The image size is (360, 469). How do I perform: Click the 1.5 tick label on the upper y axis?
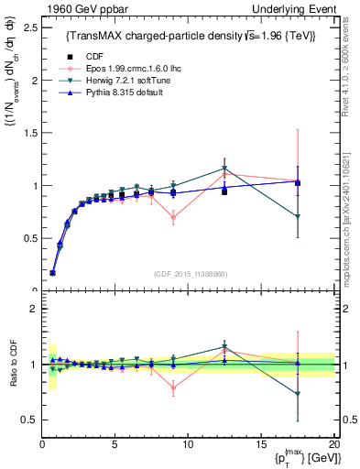[x=28, y=133]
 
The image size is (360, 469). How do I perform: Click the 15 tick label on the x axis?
[x=260, y=444]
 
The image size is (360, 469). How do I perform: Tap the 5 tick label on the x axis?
[x=115, y=444]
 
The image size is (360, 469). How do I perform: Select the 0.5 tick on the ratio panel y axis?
[x=28, y=420]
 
